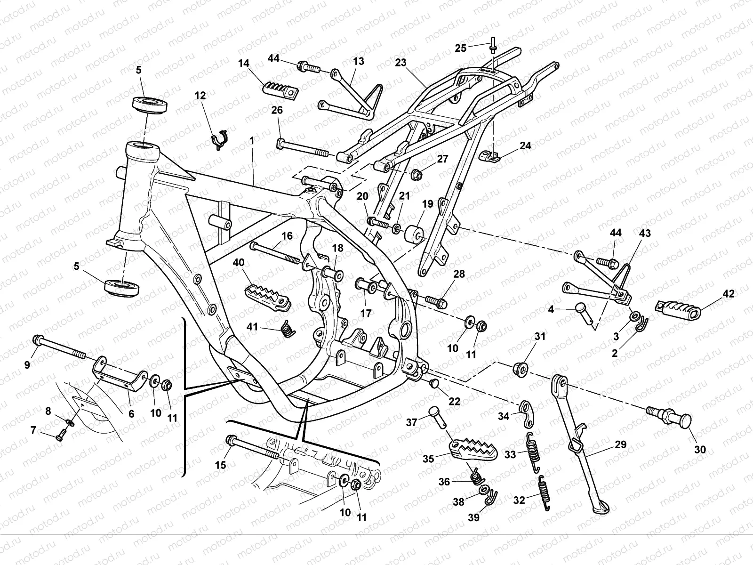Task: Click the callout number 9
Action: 27,364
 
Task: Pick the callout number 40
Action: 239,262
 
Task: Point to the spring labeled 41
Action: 287,328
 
